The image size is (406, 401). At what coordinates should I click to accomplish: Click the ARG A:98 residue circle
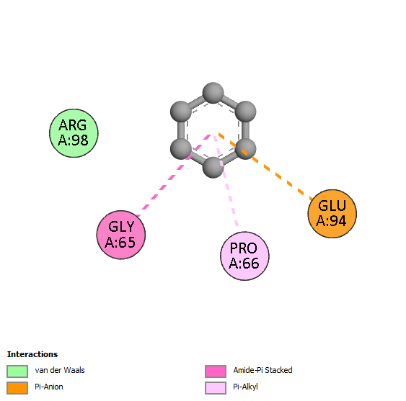(x=74, y=133)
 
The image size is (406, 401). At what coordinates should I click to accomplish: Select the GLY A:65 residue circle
(x=121, y=235)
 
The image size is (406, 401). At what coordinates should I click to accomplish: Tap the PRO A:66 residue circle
(x=244, y=256)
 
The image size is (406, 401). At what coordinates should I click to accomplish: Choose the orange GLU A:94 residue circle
(x=332, y=214)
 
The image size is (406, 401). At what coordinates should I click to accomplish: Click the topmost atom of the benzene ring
(x=213, y=93)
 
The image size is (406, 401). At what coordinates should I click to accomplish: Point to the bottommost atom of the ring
(x=213, y=168)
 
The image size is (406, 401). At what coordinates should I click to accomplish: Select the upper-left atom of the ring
(x=181, y=112)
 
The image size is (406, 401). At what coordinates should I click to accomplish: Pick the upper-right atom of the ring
(x=245, y=112)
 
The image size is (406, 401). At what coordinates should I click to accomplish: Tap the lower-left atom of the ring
(x=181, y=149)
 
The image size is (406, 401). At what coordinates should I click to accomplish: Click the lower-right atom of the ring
(x=245, y=149)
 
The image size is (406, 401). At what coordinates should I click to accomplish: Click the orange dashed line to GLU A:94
(x=265, y=167)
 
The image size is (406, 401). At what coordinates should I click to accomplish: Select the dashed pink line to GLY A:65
(x=174, y=176)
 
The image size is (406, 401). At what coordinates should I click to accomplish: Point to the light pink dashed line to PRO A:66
(x=226, y=181)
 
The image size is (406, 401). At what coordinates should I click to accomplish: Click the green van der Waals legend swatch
(x=17, y=371)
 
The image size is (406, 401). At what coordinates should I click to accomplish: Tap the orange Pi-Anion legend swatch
(x=17, y=388)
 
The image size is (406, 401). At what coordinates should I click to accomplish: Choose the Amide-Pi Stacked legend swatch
(x=216, y=371)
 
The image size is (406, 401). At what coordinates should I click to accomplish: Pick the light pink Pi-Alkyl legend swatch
(x=216, y=388)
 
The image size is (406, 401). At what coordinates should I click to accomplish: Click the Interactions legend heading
(x=32, y=354)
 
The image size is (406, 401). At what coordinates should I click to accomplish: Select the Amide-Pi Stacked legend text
(x=262, y=370)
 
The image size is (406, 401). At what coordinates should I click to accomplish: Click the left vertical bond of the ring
(x=181, y=130)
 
